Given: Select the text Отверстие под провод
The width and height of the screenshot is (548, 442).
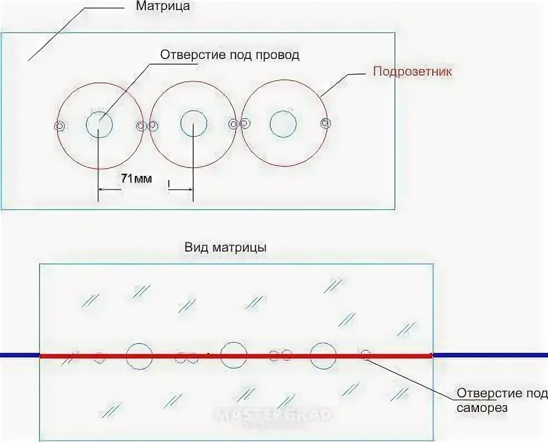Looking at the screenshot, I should [230, 55].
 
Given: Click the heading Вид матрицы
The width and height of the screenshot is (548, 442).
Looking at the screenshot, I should [224, 247].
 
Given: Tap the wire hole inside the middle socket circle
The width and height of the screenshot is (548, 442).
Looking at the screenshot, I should [193, 124].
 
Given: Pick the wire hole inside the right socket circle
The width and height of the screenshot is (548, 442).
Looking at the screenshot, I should [283, 124].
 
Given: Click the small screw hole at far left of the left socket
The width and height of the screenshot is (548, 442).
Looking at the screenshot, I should [59, 126].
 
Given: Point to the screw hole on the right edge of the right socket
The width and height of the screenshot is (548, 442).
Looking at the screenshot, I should [326, 123].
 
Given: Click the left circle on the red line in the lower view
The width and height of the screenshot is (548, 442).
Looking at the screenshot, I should [139, 356].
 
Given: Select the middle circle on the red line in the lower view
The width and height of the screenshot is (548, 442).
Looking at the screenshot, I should [233, 355].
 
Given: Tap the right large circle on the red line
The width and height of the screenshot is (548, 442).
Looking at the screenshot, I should [323, 355].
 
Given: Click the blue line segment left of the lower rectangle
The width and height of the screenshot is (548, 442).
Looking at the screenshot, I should [19, 355].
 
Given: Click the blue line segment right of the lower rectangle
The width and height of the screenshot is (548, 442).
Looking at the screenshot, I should [490, 355].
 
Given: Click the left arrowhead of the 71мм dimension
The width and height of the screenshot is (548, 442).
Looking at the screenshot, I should [102, 190].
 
